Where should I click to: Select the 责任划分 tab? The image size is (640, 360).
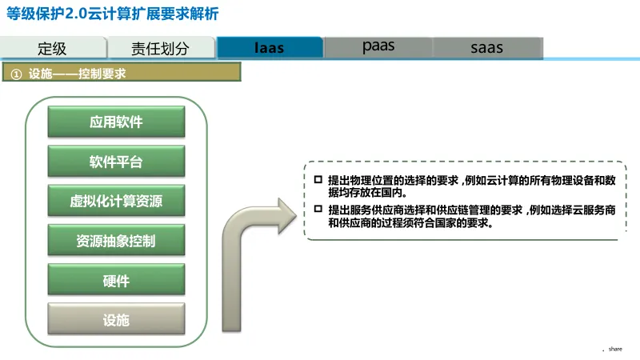coord(161,48)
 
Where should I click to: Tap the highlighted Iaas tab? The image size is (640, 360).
coord(270,47)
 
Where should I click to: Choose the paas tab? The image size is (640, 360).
coord(378,46)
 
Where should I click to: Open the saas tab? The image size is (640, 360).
coord(486,47)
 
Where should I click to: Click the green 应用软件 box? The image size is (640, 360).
coord(116,122)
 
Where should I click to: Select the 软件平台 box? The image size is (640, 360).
coord(116,162)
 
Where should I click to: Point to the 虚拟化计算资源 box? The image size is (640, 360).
coord(116,201)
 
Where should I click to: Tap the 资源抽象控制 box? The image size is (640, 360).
coord(116,240)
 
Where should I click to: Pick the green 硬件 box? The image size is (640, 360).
coord(116,280)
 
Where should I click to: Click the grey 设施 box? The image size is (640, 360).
coord(116,320)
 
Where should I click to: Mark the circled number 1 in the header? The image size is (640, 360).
coord(16,74)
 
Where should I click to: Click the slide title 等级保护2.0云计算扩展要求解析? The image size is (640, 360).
coord(112,15)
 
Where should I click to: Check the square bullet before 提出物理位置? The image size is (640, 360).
coord(318,179)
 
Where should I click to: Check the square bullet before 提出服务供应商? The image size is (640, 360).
coord(318,210)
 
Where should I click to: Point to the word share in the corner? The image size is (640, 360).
coord(614,349)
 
